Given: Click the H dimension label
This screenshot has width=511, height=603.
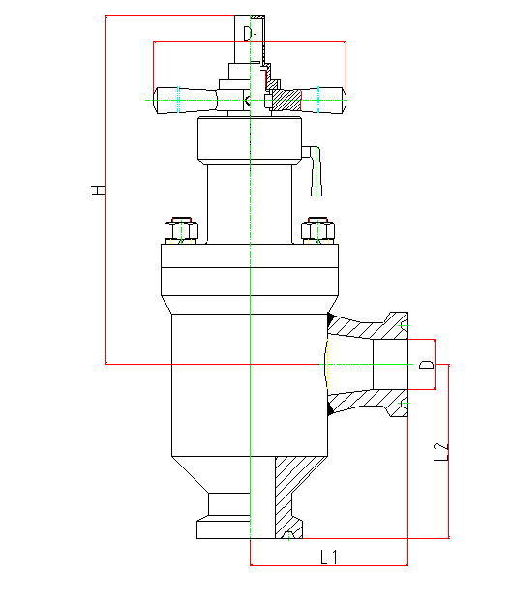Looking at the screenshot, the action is (99, 190).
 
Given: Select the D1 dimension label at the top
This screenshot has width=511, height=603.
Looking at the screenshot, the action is (251, 34).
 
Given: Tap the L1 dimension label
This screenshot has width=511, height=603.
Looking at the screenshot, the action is (329, 557).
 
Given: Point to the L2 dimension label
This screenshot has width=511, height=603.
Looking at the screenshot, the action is (441, 452).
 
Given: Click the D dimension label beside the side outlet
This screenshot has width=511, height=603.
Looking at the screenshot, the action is (427, 365).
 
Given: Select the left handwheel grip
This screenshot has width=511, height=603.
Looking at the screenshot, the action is (185, 101).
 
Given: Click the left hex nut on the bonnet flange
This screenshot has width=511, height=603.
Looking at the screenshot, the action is (182, 230).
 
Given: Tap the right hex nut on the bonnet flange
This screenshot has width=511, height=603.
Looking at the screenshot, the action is (317, 230).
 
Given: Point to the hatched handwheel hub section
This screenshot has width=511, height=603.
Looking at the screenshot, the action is (286, 100).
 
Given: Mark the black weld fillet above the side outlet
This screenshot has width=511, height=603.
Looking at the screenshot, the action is (330, 319).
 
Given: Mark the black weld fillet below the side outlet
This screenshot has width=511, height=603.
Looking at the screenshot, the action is (330, 409).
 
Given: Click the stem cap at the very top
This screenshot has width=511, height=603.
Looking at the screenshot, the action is (249, 40).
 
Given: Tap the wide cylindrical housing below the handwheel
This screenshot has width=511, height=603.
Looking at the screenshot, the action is (250, 140).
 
